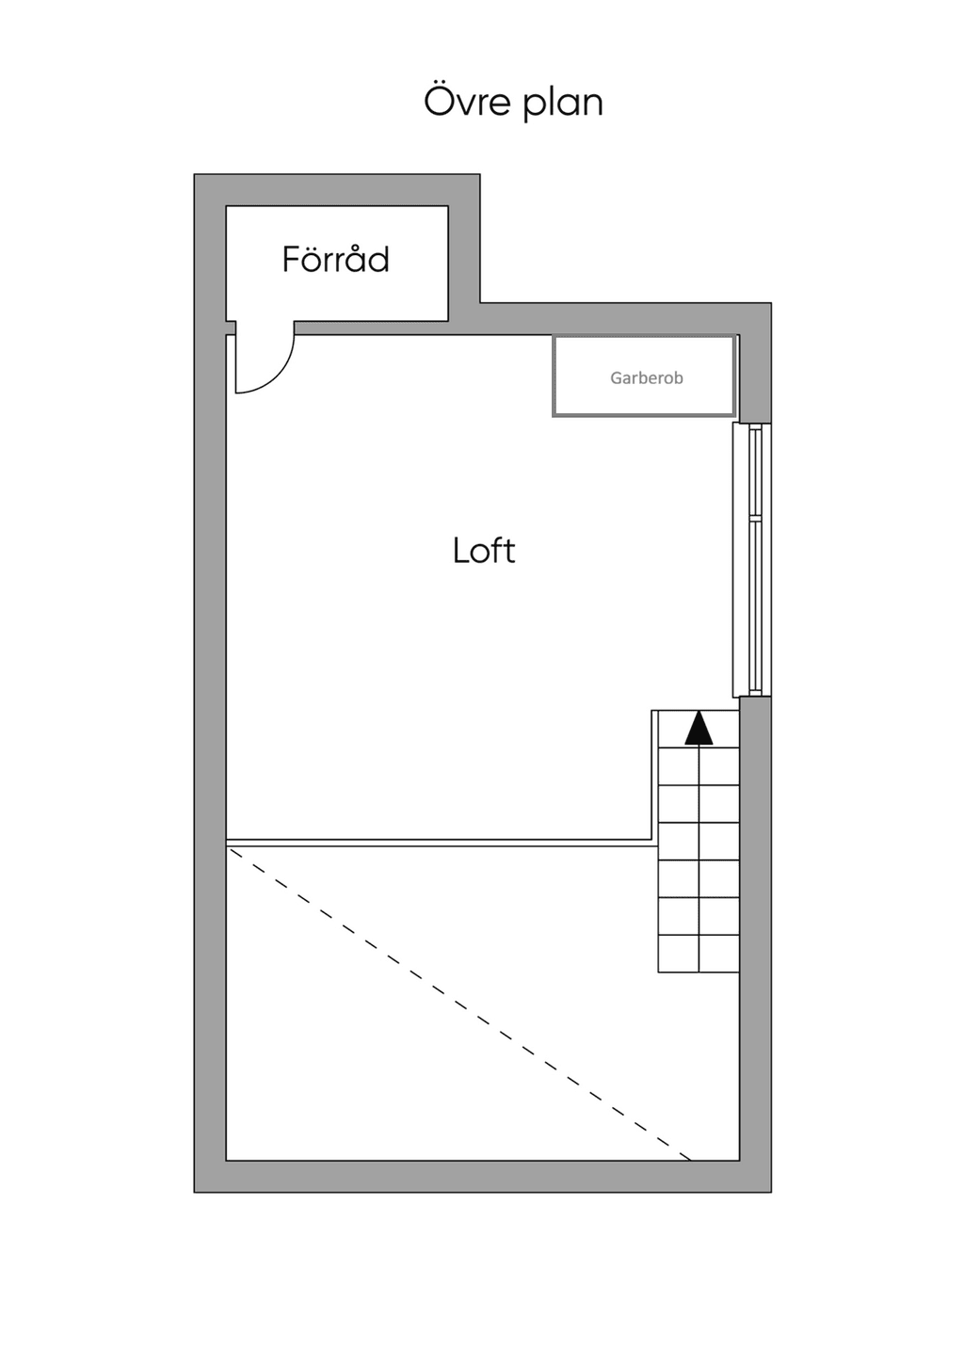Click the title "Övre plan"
(x=513, y=102)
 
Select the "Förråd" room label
(x=336, y=259)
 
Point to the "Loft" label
(x=484, y=551)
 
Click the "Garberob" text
(x=647, y=377)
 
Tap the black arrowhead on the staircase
(x=699, y=729)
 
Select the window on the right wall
(x=752, y=560)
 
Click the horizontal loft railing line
(x=439, y=843)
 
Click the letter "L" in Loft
(x=461, y=551)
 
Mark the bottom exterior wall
(x=483, y=1177)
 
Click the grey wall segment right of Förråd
(x=464, y=256)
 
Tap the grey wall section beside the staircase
(x=756, y=929)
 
